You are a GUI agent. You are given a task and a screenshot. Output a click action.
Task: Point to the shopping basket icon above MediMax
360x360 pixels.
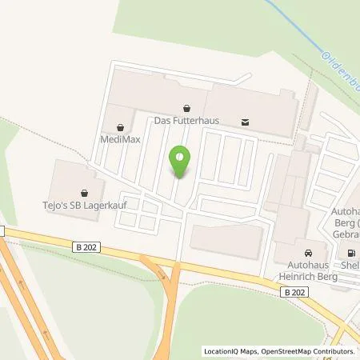pyautogui.click(x=120, y=126)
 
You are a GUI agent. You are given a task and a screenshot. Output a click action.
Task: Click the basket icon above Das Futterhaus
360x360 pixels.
pyautogui.click(x=186, y=108)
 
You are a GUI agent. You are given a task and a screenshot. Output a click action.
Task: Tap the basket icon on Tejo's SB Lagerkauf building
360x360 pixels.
pyautogui.click(x=86, y=191)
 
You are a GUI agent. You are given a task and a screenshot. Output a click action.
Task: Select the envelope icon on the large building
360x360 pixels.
pyautogui.click(x=245, y=122)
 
